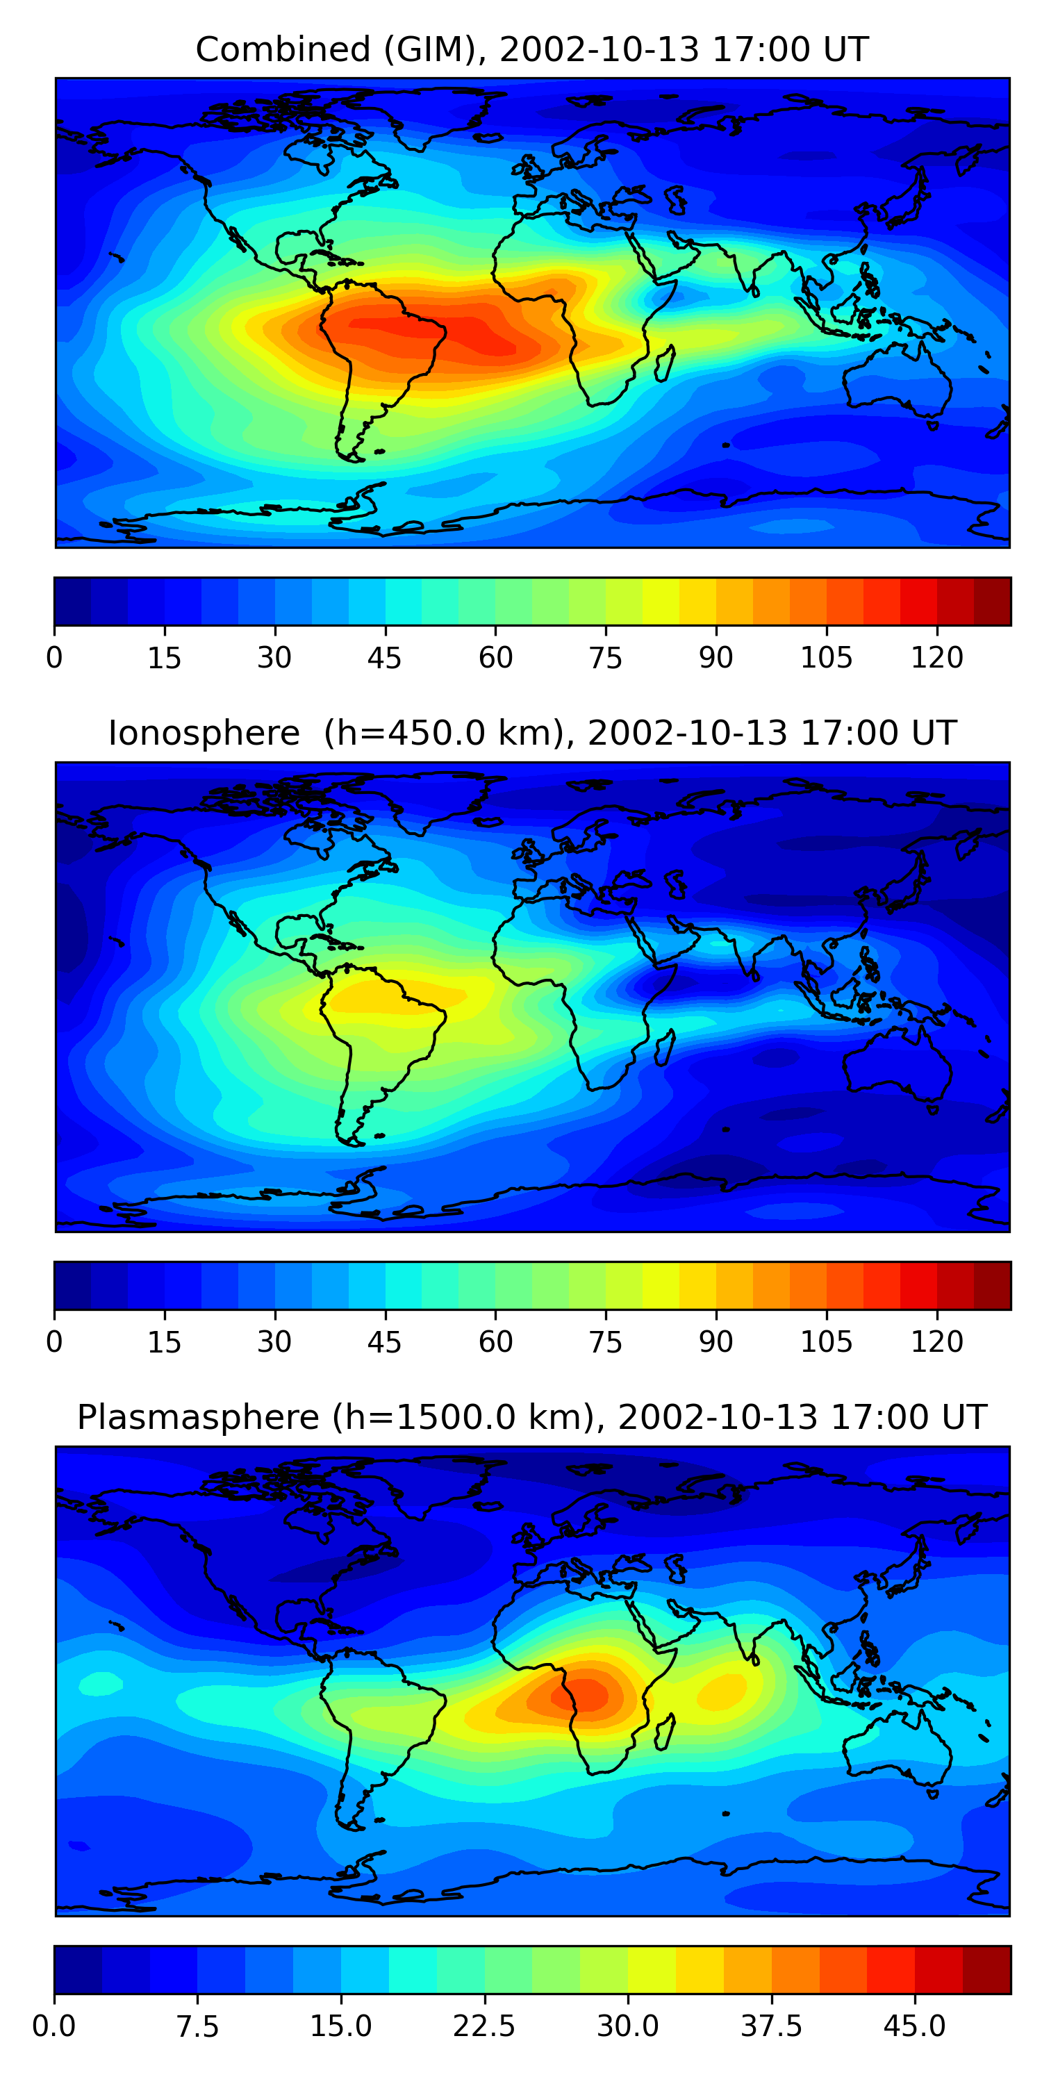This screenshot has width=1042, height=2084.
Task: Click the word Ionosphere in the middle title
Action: click(x=204, y=733)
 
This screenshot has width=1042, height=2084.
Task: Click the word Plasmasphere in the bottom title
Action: click(x=198, y=1417)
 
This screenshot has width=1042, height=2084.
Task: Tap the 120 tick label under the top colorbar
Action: click(x=937, y=658)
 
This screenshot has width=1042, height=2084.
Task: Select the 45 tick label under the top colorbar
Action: click(x=385, y=658)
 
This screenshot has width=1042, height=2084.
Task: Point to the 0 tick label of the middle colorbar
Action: click(x=54, y=1342)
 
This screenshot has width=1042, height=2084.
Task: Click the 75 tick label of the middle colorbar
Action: click(x=606, y=1342)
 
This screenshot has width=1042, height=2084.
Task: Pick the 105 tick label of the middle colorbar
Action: click(x=827, y=1342)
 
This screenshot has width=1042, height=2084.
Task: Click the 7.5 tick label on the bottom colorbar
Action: click(x=197, y=2026)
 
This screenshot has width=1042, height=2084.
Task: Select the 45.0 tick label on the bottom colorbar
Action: click(x=915, y=2026)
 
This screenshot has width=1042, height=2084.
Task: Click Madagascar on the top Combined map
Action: click(x=665, y=363)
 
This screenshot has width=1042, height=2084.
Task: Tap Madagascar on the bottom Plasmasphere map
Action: click(x=665, y=1732)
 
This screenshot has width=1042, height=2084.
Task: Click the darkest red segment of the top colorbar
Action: click(x=993, y=601)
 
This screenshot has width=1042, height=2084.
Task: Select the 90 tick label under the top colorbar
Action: click(x=717, y=658)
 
